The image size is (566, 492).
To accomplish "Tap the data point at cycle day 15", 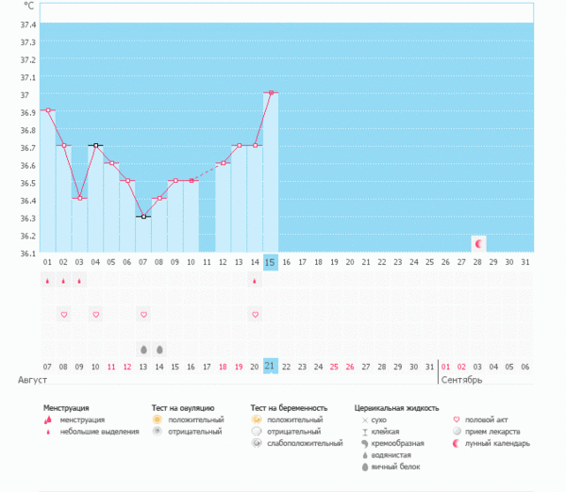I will pos(271,92).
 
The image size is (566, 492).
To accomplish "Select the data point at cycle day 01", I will pos(47,110).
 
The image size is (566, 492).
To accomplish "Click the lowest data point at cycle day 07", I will pos(143,217).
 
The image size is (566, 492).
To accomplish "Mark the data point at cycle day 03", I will pos(79,198).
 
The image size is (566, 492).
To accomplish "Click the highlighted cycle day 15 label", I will pos(271,261).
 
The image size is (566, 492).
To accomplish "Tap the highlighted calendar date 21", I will pos(271,366).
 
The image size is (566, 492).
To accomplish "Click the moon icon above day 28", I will pos(478,244).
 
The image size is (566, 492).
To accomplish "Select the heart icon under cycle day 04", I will pos(95,314).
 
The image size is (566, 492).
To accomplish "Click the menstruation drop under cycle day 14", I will pos(255,280).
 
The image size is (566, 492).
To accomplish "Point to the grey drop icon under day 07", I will pos(143,348).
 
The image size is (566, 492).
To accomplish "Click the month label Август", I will pos(32,380).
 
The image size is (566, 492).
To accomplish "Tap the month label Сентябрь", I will pos(462,380).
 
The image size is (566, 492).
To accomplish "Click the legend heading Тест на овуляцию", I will pos(189,408).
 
